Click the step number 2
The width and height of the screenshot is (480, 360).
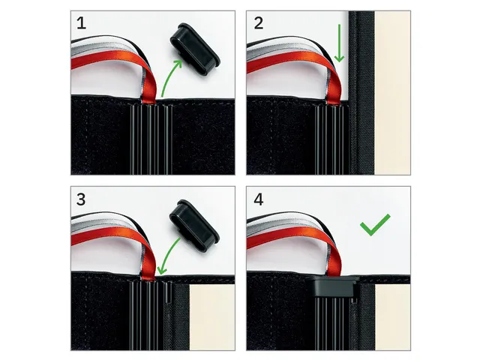258,24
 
